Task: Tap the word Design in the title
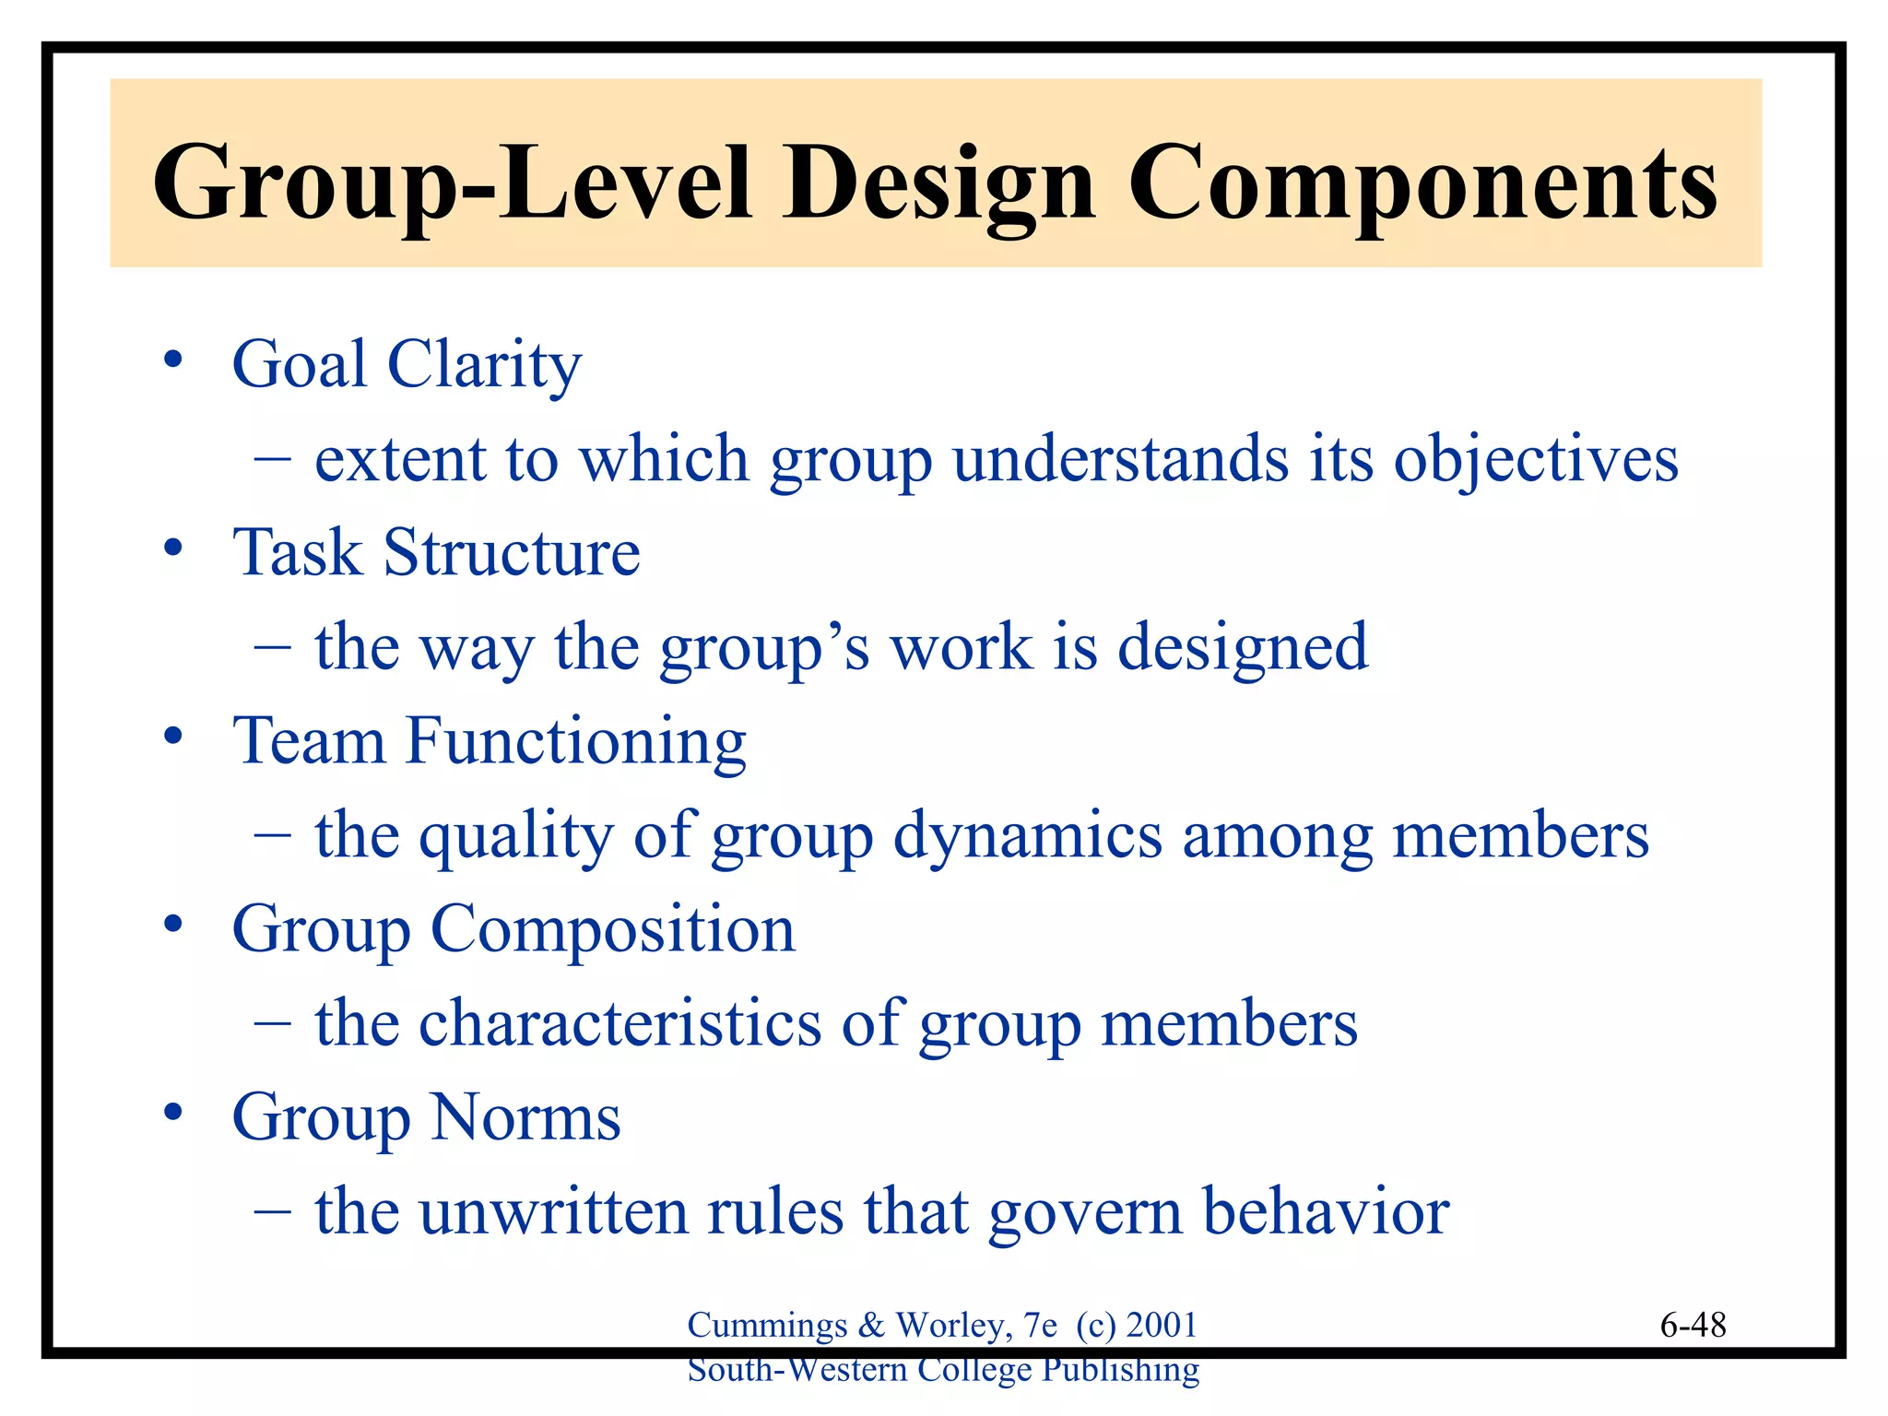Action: [940, 184]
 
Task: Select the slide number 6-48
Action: [1693, 1326]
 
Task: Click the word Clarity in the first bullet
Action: [484, 364]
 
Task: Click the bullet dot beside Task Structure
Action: [172, 549]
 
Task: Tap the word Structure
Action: [512, 553]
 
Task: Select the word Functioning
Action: [576, 741]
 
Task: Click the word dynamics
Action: [1028, 836]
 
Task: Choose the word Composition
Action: [612, 929]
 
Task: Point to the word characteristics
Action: [619, 1023]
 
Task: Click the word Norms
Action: [525, 1117]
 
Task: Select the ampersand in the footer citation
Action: [871, 1326]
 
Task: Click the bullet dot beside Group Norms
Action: [172, 1114]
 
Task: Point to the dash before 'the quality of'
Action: [273, 836]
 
